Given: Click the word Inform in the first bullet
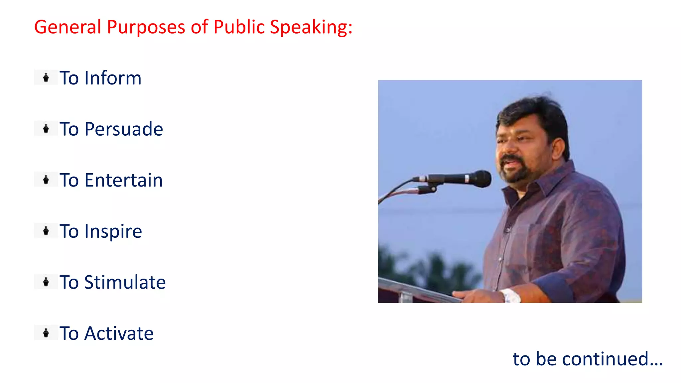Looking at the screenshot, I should pos(113,78).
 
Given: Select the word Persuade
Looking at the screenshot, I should pos(124,129).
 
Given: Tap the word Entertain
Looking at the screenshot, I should pos(123,180).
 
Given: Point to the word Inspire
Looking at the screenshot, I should pos(113,231).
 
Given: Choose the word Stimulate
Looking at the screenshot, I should pos(125,282).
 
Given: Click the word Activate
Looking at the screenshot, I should pos(119,333).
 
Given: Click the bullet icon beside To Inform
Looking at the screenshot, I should pos(46,78).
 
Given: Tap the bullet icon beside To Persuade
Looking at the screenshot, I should pos(46,129).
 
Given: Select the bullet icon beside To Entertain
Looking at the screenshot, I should pos(46,180).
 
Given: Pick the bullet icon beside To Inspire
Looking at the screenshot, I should pos(46,231).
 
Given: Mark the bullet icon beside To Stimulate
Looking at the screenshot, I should pos(46,282).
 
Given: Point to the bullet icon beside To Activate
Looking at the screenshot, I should pos(46,333).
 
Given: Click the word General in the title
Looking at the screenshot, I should pos(68,27).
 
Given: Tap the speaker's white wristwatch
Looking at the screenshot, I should pos(511,295).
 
